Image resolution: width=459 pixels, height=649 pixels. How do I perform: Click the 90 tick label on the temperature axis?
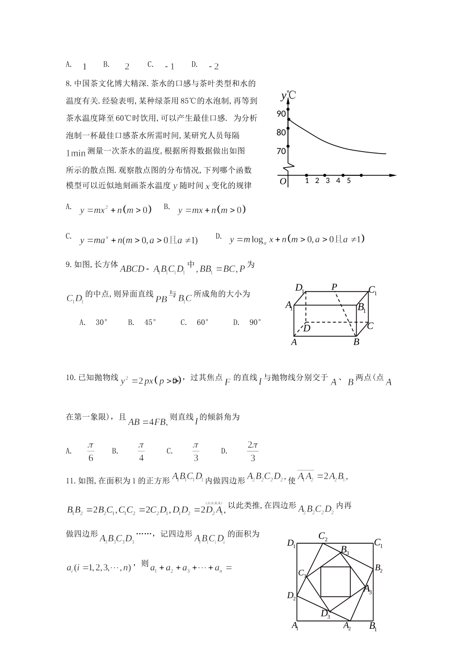point(281,114)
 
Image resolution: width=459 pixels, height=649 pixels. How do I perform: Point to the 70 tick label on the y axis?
point(281,151)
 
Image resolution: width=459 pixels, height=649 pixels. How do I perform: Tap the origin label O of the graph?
point(283,182)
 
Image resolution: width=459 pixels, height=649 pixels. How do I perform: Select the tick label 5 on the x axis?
point(348,181)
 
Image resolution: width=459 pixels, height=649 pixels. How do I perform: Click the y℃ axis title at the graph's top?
point(288,96)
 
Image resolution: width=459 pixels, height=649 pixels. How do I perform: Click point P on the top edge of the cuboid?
point(334,287)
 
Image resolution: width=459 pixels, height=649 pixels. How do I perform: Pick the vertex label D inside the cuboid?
point(306,328)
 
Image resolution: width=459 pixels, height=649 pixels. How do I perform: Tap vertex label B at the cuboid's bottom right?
point(356,342)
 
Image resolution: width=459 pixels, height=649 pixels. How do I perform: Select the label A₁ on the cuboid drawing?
point(289,305)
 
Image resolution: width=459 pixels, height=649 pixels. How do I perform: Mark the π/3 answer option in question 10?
point(196,451)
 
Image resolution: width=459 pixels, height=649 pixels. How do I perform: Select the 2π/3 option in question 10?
point(253,451)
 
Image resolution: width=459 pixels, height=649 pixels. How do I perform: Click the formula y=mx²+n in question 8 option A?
point(116,210)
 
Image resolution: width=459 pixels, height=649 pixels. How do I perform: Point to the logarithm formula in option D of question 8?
point(297,240)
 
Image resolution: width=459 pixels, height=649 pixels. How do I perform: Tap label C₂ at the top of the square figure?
point(323,536)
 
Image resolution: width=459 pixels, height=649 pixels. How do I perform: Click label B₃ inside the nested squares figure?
point(345,550)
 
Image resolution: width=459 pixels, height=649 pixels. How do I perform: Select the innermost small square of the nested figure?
point(335,581)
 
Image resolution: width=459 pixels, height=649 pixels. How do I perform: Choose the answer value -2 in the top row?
point(214,67)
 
